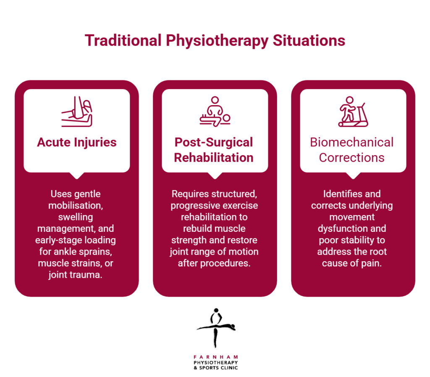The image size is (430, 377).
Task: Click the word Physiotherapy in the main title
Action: [x=217, y=41]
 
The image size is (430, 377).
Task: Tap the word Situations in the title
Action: [x=309, y=40]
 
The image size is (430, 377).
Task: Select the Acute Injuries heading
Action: [x=77, y=142]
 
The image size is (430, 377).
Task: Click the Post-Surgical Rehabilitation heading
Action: [x=214, y=150]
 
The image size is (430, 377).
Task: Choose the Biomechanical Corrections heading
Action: [x=352, y=150]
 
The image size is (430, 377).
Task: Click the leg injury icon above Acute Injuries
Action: [x=77, y=112]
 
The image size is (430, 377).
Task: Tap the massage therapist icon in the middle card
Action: [x=215, y=112]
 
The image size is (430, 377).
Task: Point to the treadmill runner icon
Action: [x=353, y=112]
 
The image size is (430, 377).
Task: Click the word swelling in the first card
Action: [x=76, y=218]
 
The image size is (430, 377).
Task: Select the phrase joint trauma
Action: [x=76, y=275]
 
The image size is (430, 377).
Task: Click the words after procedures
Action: [x=214, y=263]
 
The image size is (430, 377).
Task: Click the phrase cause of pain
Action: [x=352, y=263]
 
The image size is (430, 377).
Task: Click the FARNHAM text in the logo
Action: [x=216, y=357]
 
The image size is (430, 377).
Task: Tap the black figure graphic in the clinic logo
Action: [x=216, y=327]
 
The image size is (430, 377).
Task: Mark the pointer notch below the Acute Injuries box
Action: [x=77, y=175]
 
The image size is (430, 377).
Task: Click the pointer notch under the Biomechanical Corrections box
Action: [x=353, y=175]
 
